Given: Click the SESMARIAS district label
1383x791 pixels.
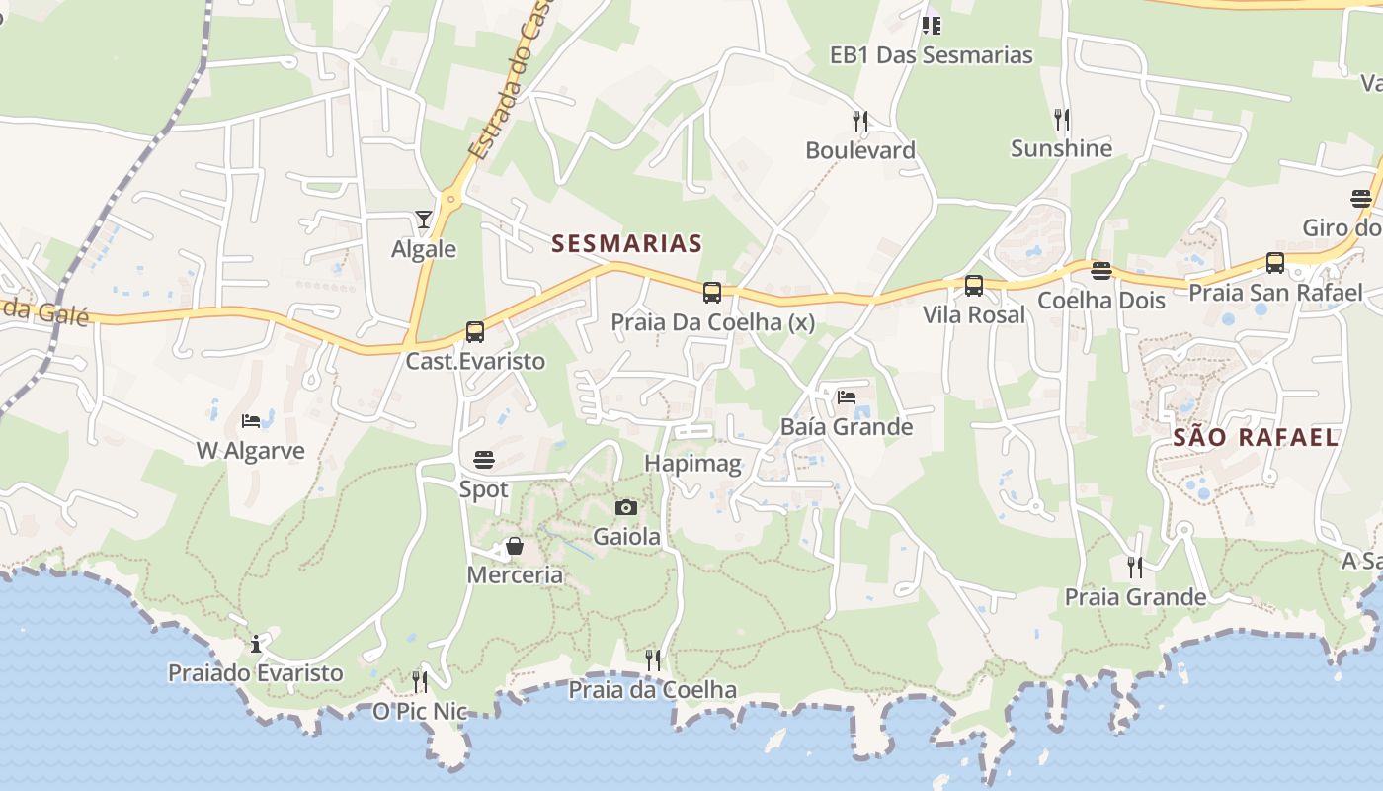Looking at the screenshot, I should pos(626,243).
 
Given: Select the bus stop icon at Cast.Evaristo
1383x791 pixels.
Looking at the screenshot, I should pos(475,332).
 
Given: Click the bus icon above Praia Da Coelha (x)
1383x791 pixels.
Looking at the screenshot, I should pos(712,293).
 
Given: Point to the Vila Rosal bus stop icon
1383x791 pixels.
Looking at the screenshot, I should pos(974,286).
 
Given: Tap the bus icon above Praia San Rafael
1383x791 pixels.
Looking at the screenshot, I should pos(1275,263).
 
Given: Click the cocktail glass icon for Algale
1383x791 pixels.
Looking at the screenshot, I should pos(424,220).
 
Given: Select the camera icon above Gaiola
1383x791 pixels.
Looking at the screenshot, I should pos(625,508).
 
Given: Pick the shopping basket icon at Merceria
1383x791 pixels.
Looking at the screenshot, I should pos(515,546).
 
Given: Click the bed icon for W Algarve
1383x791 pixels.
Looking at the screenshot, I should pos(251,421).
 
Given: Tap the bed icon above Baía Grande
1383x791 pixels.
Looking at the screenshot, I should pos(847,397).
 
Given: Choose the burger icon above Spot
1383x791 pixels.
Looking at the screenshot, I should pos(483,460).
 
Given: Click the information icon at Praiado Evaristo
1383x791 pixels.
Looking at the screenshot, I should pos(256,644).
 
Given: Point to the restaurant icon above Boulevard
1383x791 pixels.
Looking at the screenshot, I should pos(860,122).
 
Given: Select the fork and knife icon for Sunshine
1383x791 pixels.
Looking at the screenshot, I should pos(1062,120).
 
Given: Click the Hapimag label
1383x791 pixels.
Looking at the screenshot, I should pos(692,464).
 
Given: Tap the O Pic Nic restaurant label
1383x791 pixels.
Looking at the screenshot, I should pos(420,711).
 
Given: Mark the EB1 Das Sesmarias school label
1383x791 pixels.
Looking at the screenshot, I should pos(932,55).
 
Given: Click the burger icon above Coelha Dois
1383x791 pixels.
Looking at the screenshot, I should pos(1101,271).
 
